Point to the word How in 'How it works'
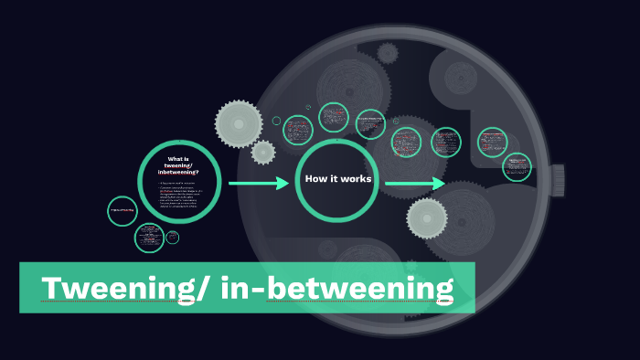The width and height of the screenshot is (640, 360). (x=316, y=179)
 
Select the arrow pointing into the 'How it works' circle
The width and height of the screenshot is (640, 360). (x=259, y=184)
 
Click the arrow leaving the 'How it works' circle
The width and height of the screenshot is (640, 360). (x=415, y=185)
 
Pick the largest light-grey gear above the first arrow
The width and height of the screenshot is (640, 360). (x=238, y=122)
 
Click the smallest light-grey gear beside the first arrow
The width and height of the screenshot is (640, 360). (x=263, y=153)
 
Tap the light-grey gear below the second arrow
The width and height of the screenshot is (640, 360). (x=427, y=218)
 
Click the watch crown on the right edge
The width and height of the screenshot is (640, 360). (x=558, y=180)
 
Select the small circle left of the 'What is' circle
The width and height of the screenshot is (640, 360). (x=122, y=211)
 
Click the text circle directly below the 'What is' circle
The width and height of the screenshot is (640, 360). (x=149, y=238)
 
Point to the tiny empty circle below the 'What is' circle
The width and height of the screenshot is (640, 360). (x=173, y=238)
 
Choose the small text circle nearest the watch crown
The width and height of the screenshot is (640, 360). (x=517, y=167)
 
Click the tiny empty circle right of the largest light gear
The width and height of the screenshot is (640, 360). (x=276, y=121)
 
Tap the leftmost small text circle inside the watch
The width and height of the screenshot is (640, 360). (x=298, y=131)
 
